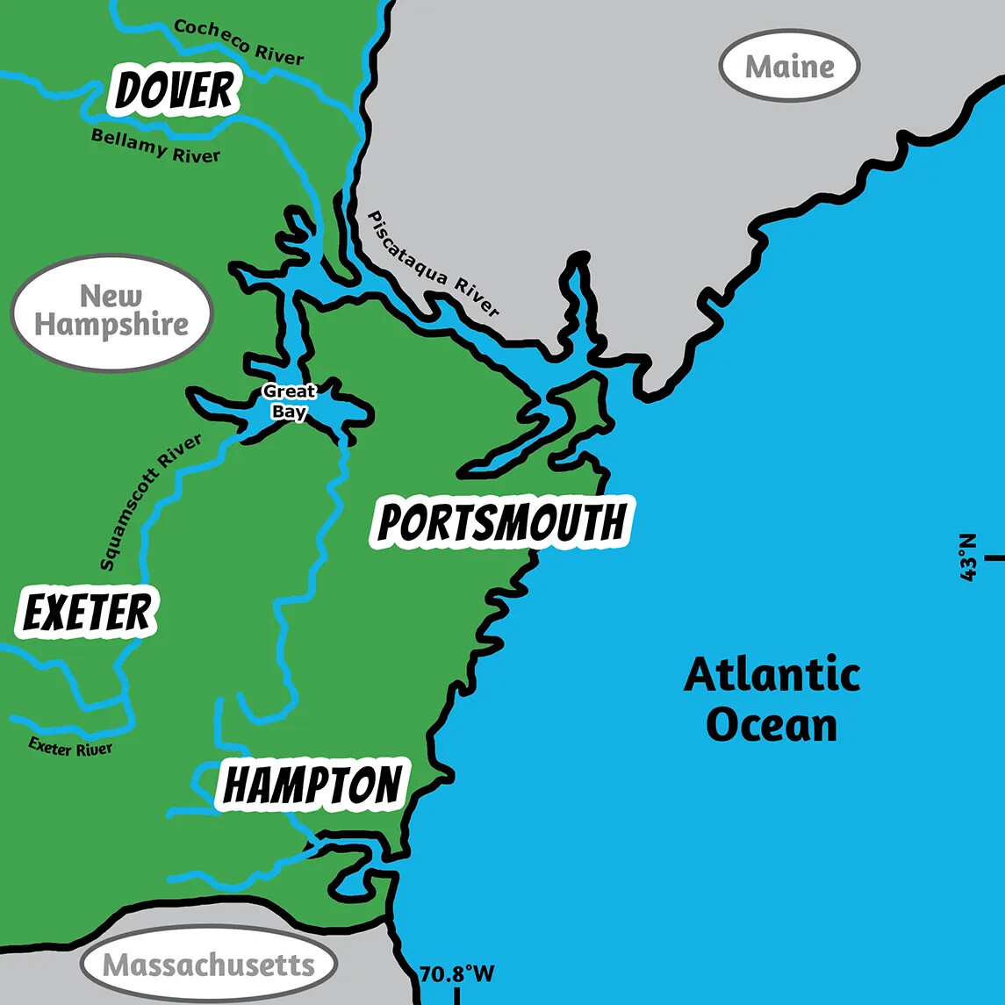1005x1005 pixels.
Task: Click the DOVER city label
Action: click(x=176, y=92)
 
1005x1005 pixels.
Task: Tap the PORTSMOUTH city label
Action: click(x=502, y=523)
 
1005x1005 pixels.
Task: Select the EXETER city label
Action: click(x=87, y=613)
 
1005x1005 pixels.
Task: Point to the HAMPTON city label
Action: click(x=313, y=785)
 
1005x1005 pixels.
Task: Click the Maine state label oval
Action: click(x=789, y=67)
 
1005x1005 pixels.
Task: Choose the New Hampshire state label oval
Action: click(x=111, y=312)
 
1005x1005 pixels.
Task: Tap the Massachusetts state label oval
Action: click(x=208, y=966)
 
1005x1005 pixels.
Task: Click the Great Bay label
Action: click(x=289, y=401)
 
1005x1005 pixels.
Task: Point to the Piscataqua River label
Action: click(x=434, y=264)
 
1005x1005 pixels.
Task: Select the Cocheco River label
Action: click(x=239, y=41)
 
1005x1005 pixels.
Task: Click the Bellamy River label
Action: click(x=155, y=146)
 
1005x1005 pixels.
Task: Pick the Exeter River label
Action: click(x=70, y=746)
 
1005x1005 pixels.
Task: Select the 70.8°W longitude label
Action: click(x=456, y=974)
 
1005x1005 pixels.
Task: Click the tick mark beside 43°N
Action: click(x=994, y=557)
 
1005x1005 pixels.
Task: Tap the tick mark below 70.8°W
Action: click(x=456, y=995)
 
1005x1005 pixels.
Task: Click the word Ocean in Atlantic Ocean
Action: click(x=772, y=726)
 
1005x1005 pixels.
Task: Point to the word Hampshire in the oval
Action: click(x=111, y=325)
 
